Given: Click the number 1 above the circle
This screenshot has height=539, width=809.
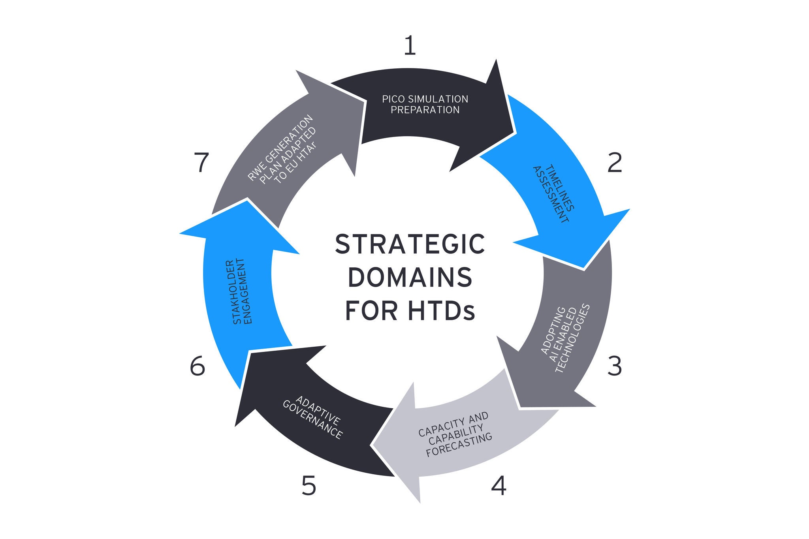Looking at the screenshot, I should click(410, 46).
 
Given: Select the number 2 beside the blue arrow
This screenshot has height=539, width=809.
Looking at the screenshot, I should click(614, 163).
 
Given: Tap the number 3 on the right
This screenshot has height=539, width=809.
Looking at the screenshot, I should click(614, 366).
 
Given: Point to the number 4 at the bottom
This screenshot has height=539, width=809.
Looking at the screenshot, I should click(499, 486).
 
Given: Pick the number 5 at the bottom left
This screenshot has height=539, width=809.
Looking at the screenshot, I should click(309, 486).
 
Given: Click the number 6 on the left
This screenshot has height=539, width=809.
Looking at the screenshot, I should click(198, 366).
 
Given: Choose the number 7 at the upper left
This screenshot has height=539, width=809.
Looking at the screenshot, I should click(201, 163).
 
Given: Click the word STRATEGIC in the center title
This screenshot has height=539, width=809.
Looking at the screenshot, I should click(410, 244).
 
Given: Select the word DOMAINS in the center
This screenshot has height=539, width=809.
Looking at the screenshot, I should click(410, 277).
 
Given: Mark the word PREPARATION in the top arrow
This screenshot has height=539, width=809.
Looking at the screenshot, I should click(425, 110).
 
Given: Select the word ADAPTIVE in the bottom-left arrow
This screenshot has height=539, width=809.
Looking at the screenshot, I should click(318, 411).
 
